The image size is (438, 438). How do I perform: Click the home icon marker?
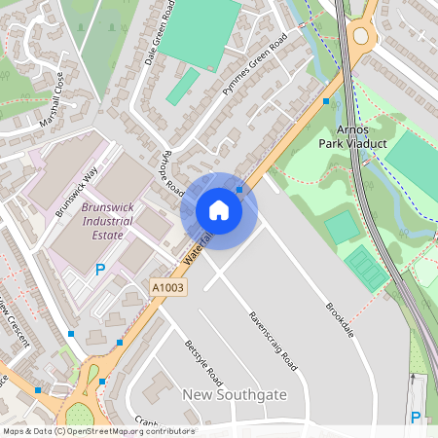(219, 210)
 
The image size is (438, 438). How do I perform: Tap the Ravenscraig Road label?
(273, 342)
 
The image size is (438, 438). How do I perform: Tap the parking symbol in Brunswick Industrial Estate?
(99, 270)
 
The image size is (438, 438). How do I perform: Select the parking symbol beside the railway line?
(416, 418)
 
